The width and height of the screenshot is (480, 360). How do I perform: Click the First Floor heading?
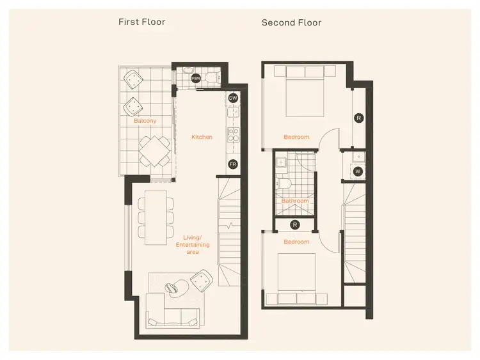click(x=141, y=22)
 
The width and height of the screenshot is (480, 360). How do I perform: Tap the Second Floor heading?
click(x=291, y=23)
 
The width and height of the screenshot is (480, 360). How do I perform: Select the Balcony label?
click(x=145, y=121)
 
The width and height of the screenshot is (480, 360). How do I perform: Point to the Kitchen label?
click(x=202, y=137)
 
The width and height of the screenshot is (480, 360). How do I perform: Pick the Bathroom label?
click(x=295, y=201)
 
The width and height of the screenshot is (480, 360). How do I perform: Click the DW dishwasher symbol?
click(x=234, y=98)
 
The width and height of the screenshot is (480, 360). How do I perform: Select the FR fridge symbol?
click(x=233, y=164)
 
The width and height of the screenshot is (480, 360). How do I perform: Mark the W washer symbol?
click(x=358, y=171)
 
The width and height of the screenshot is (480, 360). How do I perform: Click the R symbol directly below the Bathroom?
click(x=294, y=224)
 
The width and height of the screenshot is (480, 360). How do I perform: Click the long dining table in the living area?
click(x=156, y=217)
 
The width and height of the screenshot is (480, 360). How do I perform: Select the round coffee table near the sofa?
click(x=175, y=288)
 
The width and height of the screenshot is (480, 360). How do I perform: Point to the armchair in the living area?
click(x=201, y=279)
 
